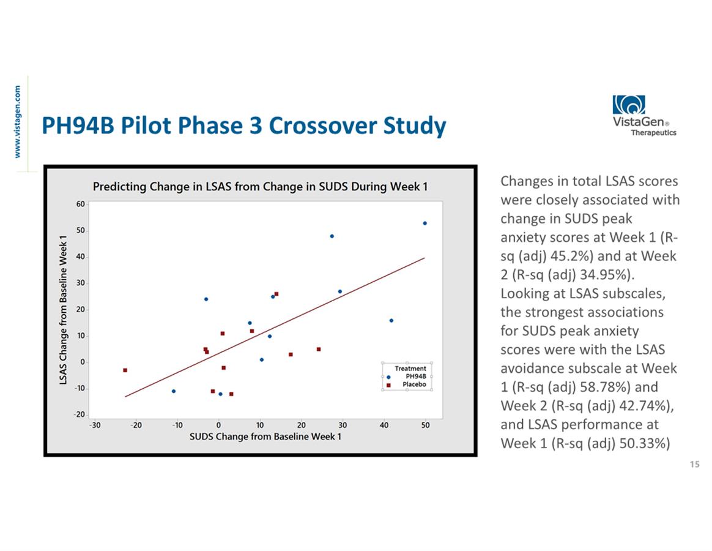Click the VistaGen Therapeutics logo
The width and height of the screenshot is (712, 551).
(644, 116)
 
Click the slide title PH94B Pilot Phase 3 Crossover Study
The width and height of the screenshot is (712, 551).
(243, 126)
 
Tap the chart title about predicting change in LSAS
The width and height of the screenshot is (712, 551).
(260, 186)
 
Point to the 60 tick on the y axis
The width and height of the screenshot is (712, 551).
(80, 204)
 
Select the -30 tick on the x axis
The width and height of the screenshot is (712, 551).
(95, 425)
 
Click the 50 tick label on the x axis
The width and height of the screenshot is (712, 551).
(425, 425)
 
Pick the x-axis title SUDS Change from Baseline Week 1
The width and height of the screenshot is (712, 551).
(265, 437)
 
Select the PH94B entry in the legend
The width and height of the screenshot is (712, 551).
(415, 377)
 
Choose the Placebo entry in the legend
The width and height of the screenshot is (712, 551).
(414, 384)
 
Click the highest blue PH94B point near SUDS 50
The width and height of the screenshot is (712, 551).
(425, 223)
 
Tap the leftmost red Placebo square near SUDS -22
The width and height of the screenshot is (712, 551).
(125, 370)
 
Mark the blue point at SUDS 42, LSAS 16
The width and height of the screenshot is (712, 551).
(391, 320)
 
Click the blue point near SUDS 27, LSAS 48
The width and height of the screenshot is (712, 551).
(332, 236)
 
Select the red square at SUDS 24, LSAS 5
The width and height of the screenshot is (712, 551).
(319, 349)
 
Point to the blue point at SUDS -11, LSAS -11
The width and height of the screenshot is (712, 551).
(174, 391)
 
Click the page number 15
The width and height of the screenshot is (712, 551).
(694, 465)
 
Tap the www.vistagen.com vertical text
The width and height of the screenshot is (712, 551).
(18, 122)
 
